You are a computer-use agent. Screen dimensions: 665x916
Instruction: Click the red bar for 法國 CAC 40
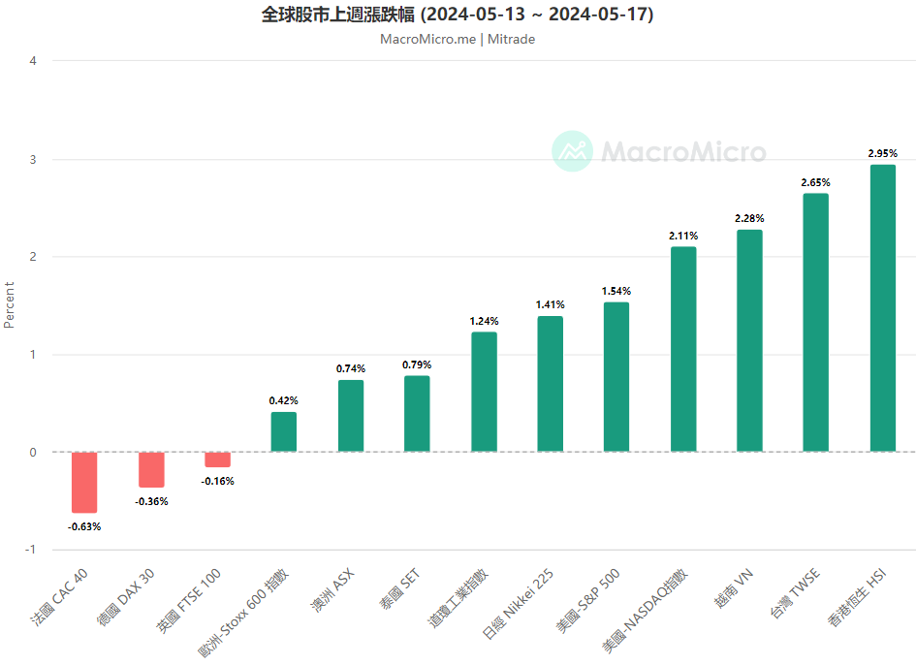pos(84,482)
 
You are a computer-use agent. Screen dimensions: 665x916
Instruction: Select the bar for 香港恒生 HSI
pos(882,308)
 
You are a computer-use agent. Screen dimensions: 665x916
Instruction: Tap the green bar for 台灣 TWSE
pos(815,323)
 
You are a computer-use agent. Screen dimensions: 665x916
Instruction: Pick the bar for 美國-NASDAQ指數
pos(682,349)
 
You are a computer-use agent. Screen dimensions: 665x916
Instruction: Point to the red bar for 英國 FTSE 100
pos(217,459)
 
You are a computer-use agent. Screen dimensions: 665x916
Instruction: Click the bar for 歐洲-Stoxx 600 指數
pos(284,431)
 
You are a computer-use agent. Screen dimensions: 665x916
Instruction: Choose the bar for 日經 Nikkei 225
pos(550,384)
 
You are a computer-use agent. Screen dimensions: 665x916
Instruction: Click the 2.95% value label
pos(882,153)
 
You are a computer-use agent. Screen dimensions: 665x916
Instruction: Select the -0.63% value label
pos(84,526)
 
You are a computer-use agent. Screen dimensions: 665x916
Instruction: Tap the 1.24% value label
pos(484,321)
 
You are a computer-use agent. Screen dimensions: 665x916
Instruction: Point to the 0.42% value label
pos(284,400)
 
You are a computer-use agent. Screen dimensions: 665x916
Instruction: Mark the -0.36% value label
pos(151,501)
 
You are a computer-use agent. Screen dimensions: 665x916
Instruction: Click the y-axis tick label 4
pos(34,61)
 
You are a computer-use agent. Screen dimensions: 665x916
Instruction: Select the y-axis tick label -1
pos(31,550)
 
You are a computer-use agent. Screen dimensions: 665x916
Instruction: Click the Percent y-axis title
pos(10,304)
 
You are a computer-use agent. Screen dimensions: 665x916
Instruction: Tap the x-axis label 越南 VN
pos(734,587)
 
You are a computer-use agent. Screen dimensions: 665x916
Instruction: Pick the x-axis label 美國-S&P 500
pos(587,601)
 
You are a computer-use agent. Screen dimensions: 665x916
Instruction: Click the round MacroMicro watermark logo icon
pos(572,151)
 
